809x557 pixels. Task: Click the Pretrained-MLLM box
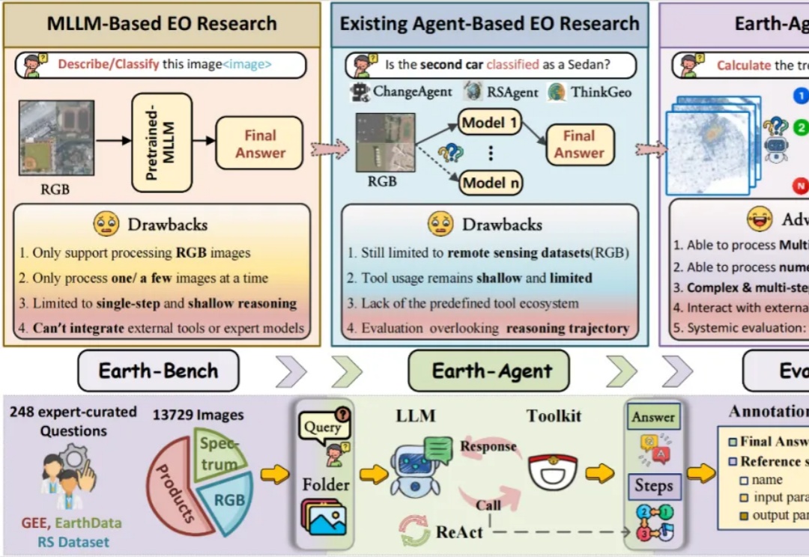coord(161,142)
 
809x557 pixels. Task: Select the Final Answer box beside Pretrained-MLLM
coord(260,144)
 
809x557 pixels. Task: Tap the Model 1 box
coord(491,122)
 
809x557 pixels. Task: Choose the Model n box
coord(491,183)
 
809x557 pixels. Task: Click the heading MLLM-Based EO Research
coord(162,23)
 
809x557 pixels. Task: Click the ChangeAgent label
coord(412,92)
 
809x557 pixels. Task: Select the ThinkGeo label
coord(601,92)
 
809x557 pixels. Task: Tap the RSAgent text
coord(513,92)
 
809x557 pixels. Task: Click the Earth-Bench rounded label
coord(158,371)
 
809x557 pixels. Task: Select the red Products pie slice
coord(176,490)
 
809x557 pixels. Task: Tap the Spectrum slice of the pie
coord(219,451)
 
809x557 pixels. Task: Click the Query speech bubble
coord(322,427)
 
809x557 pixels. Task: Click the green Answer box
coord(653,417)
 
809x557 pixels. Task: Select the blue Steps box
coord(653,486)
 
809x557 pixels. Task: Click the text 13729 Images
coord(199,414)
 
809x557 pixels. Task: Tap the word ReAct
coord(460,532)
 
